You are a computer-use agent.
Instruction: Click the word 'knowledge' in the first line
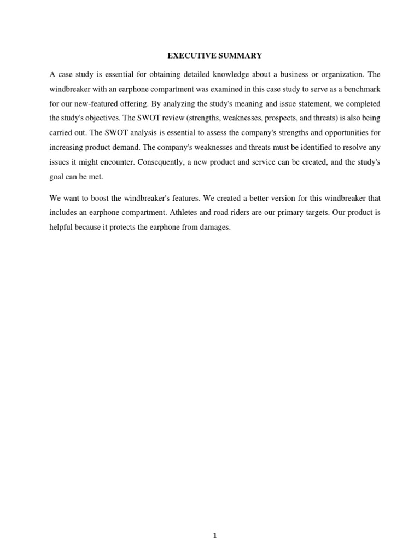pyautogui.click(x=224, y=74)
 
